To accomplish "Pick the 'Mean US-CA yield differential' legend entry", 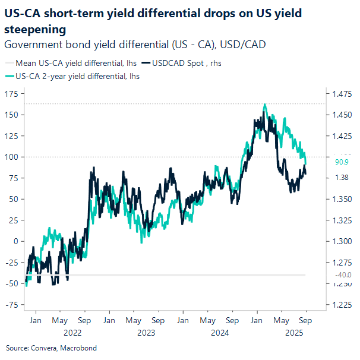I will click(71, 62).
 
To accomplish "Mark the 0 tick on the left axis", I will click(16, 241).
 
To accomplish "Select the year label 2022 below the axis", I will click(72, 333).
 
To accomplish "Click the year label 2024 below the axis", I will click(220, 333).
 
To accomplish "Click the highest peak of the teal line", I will click(264, 105).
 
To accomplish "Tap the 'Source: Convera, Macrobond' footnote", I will click(51, 348).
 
